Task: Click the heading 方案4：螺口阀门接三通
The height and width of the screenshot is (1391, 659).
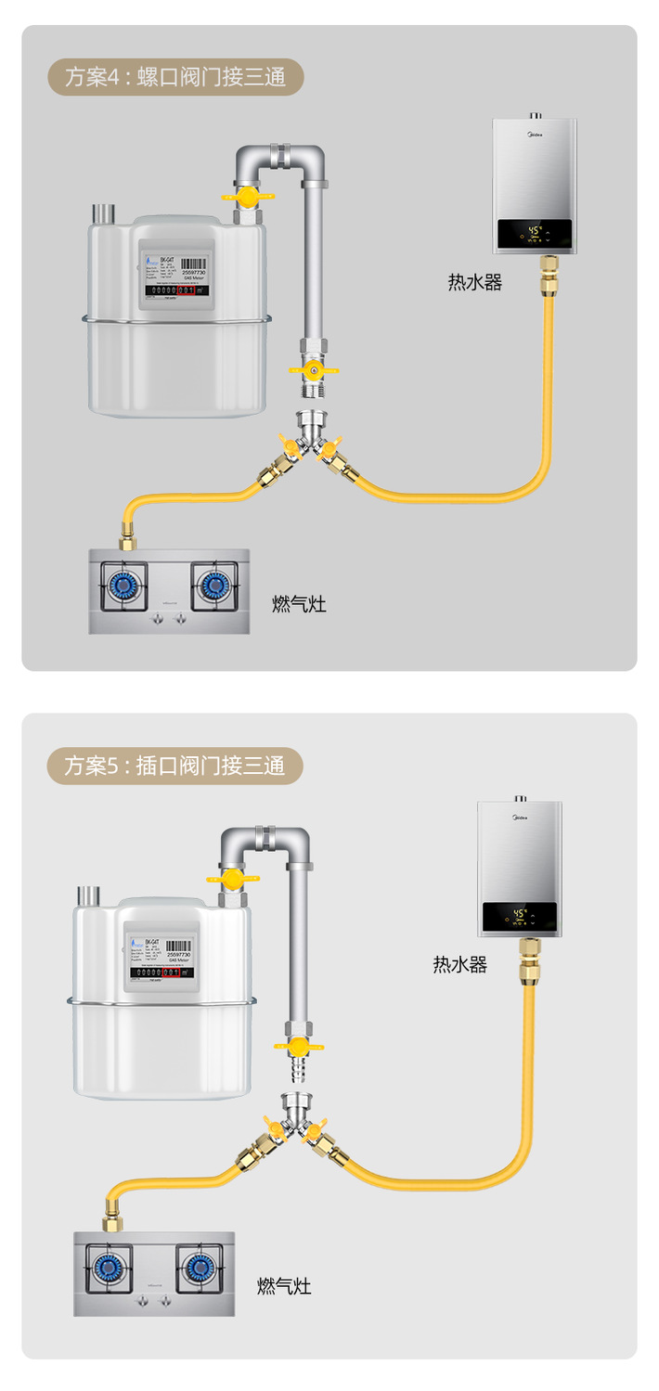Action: (174, 77)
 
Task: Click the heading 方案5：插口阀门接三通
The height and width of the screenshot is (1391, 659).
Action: (174, 766)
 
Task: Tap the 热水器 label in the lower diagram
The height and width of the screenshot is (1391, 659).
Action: (459, 965)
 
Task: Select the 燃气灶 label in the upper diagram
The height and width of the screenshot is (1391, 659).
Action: (299, 605)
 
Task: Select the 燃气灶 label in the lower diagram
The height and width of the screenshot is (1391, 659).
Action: (284, 1287)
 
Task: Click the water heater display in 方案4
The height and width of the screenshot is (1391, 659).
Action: (535, 235)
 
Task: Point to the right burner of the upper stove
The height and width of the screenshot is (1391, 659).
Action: (214, 585)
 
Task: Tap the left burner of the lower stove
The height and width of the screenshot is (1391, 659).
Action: (108, 1267)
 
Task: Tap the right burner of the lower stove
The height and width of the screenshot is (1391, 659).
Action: (200, 1267)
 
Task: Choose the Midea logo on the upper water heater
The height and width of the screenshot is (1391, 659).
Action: (536, 135)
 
